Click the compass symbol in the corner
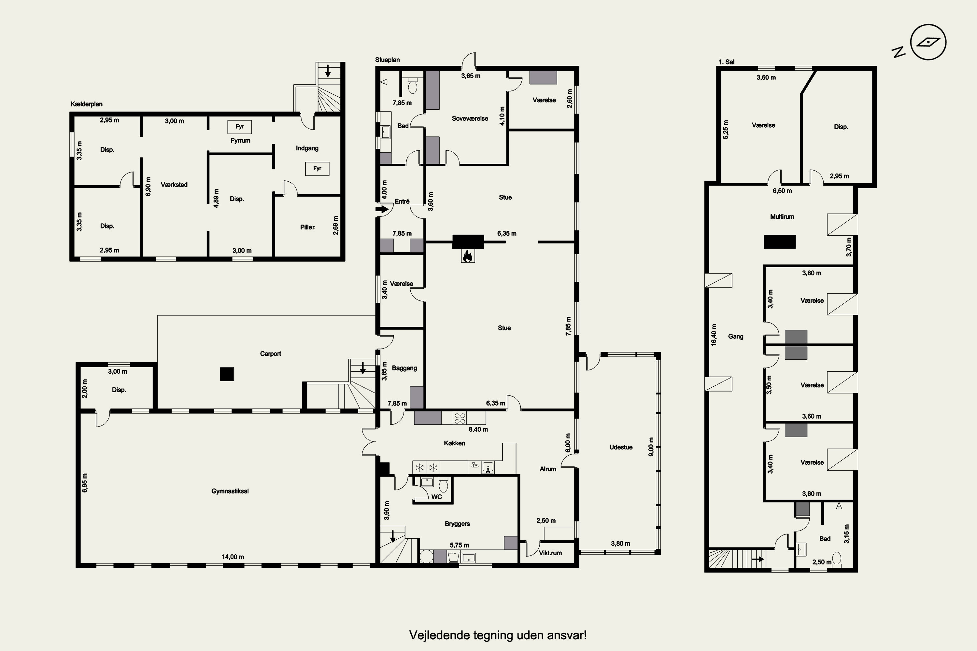pyautogui.click(x=928, y=42)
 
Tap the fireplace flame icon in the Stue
pyautogui.click(x=468, y=256)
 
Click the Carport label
pyautogui.click(x=270, y=354)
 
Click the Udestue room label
pyautogui.click(x=621, y=447)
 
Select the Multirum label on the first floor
pyautogui.click(x=782, y=217)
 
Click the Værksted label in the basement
pyautogui.click(x=174, y=185)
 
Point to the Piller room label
pyautogui.click(x=307, y=227)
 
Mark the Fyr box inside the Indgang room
pyautogui.click(x=317, y=169)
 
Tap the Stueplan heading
pyautogui.click(x=388, y=60)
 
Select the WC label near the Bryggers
pyautogui.click(x=437, y=497)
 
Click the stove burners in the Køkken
pyautogui.click(x=460, y=418)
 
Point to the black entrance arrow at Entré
pyautogui.click(x=382, y=209)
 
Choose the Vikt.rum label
pyautogui.click(x=550, y=553)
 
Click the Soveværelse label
pyautogui.click(x=470, y=118)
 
